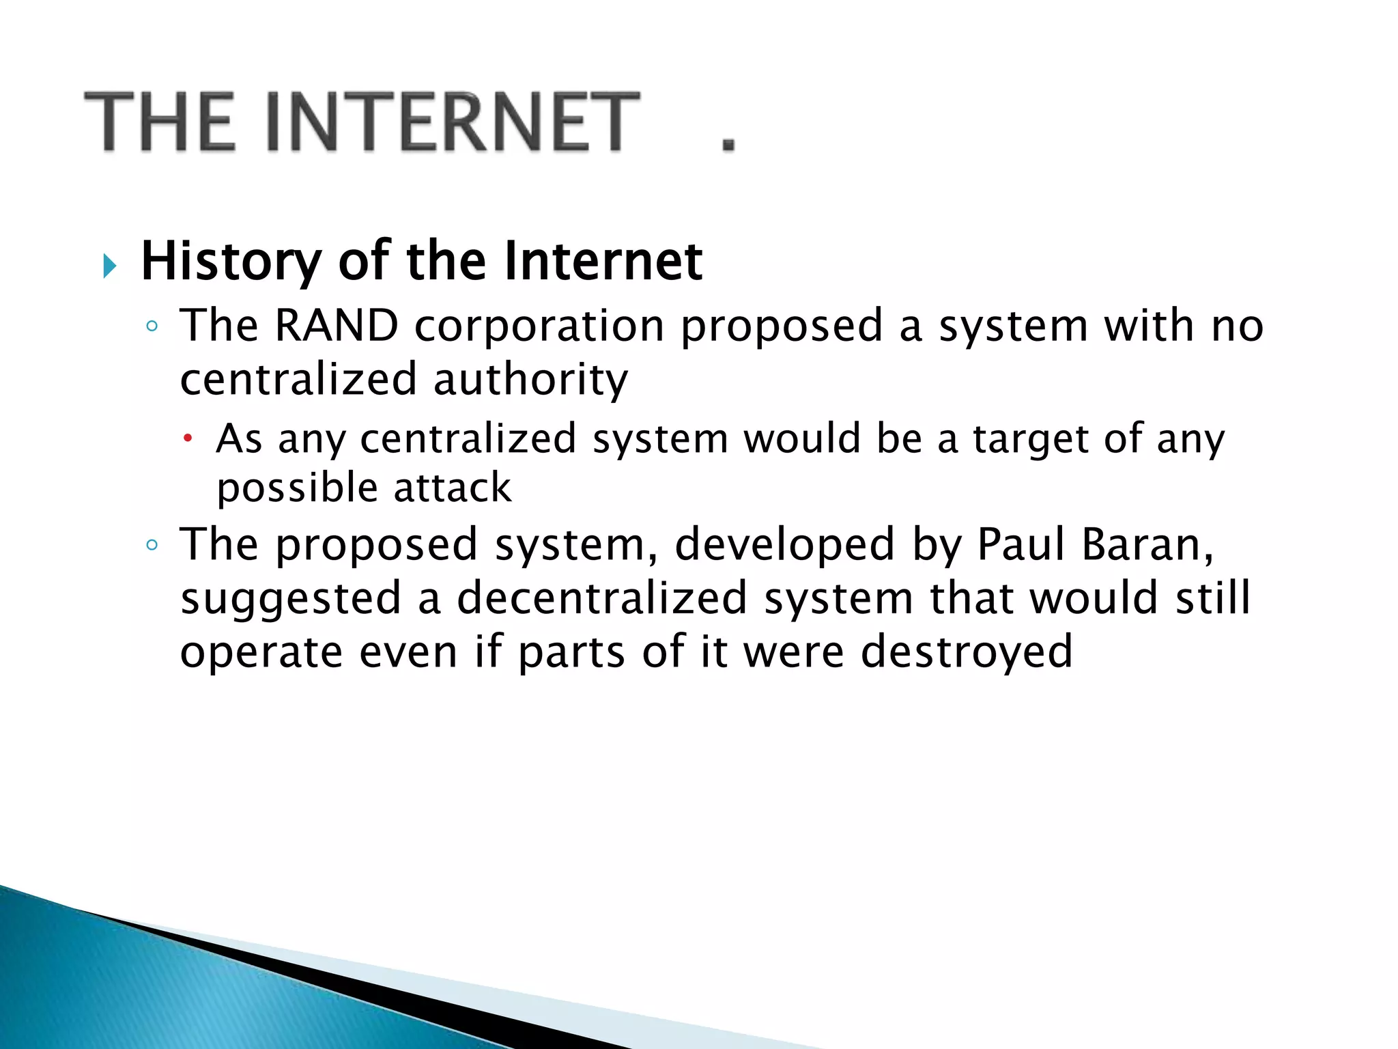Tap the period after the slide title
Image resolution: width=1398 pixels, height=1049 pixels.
point(728,143)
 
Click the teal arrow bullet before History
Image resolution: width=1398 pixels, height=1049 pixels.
point(109,265)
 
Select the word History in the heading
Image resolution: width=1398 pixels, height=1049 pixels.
point(231,262)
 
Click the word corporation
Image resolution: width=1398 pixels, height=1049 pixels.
point(539,326)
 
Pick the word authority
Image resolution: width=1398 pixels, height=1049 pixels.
point(530,380)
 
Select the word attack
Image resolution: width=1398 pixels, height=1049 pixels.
point(452,488)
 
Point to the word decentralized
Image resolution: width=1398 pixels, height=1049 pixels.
point(602,598)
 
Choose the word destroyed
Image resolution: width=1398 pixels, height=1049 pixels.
point(967,652)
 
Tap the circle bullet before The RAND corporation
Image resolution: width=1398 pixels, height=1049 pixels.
point(152,326)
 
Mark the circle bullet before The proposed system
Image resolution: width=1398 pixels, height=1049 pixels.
point(152,545)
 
